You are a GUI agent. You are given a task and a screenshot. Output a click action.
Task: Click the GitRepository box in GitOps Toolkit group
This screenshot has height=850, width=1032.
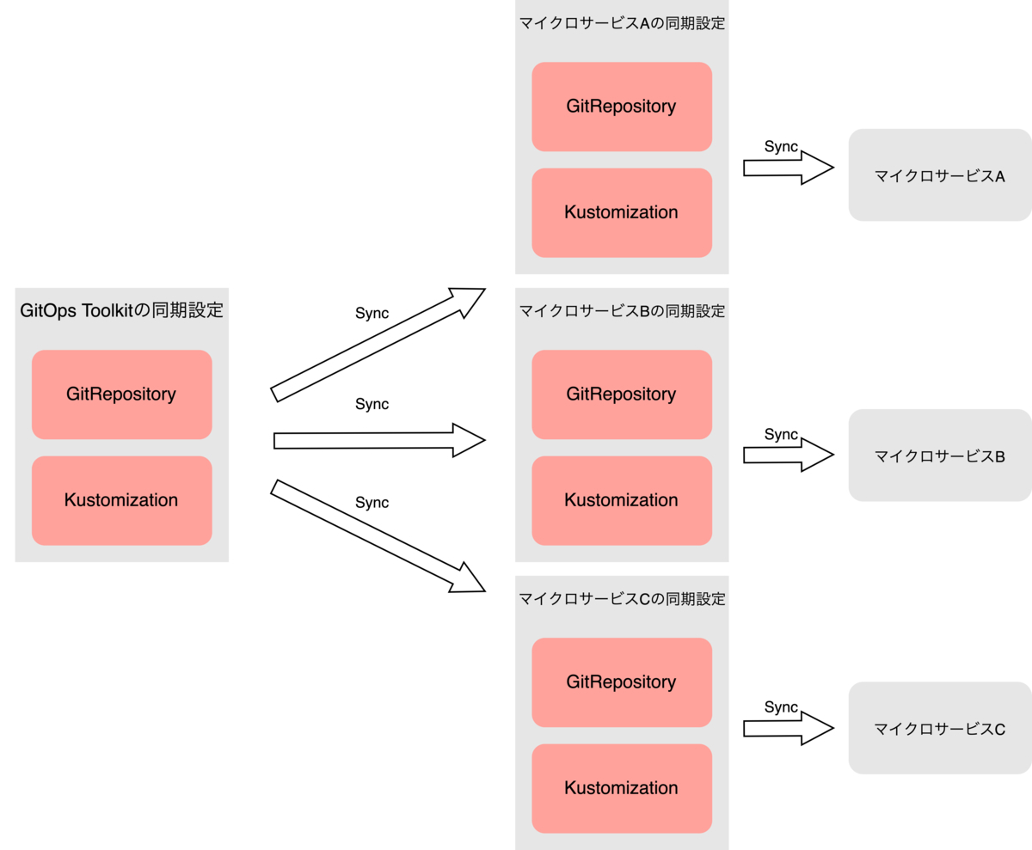121,394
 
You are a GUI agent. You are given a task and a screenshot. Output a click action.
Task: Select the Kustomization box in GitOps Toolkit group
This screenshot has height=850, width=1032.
121,500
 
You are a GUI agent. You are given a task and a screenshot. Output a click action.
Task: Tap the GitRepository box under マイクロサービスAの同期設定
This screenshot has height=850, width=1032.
622,107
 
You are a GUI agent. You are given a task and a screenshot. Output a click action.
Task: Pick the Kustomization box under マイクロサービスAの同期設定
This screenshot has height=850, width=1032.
622,212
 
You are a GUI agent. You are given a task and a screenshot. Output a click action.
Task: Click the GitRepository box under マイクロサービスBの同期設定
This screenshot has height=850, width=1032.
622,394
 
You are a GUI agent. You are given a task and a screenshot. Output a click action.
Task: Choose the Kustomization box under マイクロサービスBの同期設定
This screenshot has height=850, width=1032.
622,500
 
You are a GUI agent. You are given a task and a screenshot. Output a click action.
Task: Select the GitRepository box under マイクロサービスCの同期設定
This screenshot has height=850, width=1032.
622,682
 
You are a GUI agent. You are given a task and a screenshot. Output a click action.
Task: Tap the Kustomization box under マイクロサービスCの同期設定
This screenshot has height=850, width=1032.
622,788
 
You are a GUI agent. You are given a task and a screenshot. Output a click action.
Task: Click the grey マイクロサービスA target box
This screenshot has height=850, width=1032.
939,175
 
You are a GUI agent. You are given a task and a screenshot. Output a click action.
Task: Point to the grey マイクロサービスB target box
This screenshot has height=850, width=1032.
939,456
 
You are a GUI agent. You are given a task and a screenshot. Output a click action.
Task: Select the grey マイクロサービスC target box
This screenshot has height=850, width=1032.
939,728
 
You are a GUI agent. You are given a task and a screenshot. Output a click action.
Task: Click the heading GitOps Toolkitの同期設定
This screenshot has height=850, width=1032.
121,310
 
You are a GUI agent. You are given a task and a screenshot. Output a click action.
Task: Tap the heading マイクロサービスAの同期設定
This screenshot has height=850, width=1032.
622,23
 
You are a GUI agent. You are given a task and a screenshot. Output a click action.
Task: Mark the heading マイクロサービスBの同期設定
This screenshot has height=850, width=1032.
622,310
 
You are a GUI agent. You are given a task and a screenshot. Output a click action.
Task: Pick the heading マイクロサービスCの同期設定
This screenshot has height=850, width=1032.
622,598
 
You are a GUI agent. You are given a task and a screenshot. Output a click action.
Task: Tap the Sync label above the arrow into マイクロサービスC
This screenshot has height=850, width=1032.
781,706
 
